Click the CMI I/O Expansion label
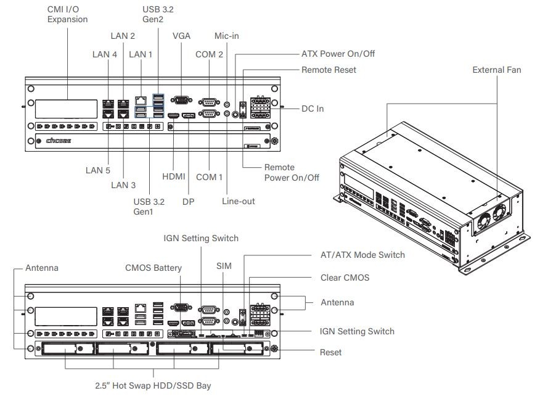67,14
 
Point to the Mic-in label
226,36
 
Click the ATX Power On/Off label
338,54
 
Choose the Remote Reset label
329,70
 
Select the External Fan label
496,70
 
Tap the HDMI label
173,176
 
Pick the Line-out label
238,201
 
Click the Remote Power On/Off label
292,172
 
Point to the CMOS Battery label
153,268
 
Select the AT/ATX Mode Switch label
363,254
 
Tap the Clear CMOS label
345,278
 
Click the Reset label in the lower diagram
330,352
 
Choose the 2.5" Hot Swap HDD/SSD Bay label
153,386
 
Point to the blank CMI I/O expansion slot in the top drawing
65,109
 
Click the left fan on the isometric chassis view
485,218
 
